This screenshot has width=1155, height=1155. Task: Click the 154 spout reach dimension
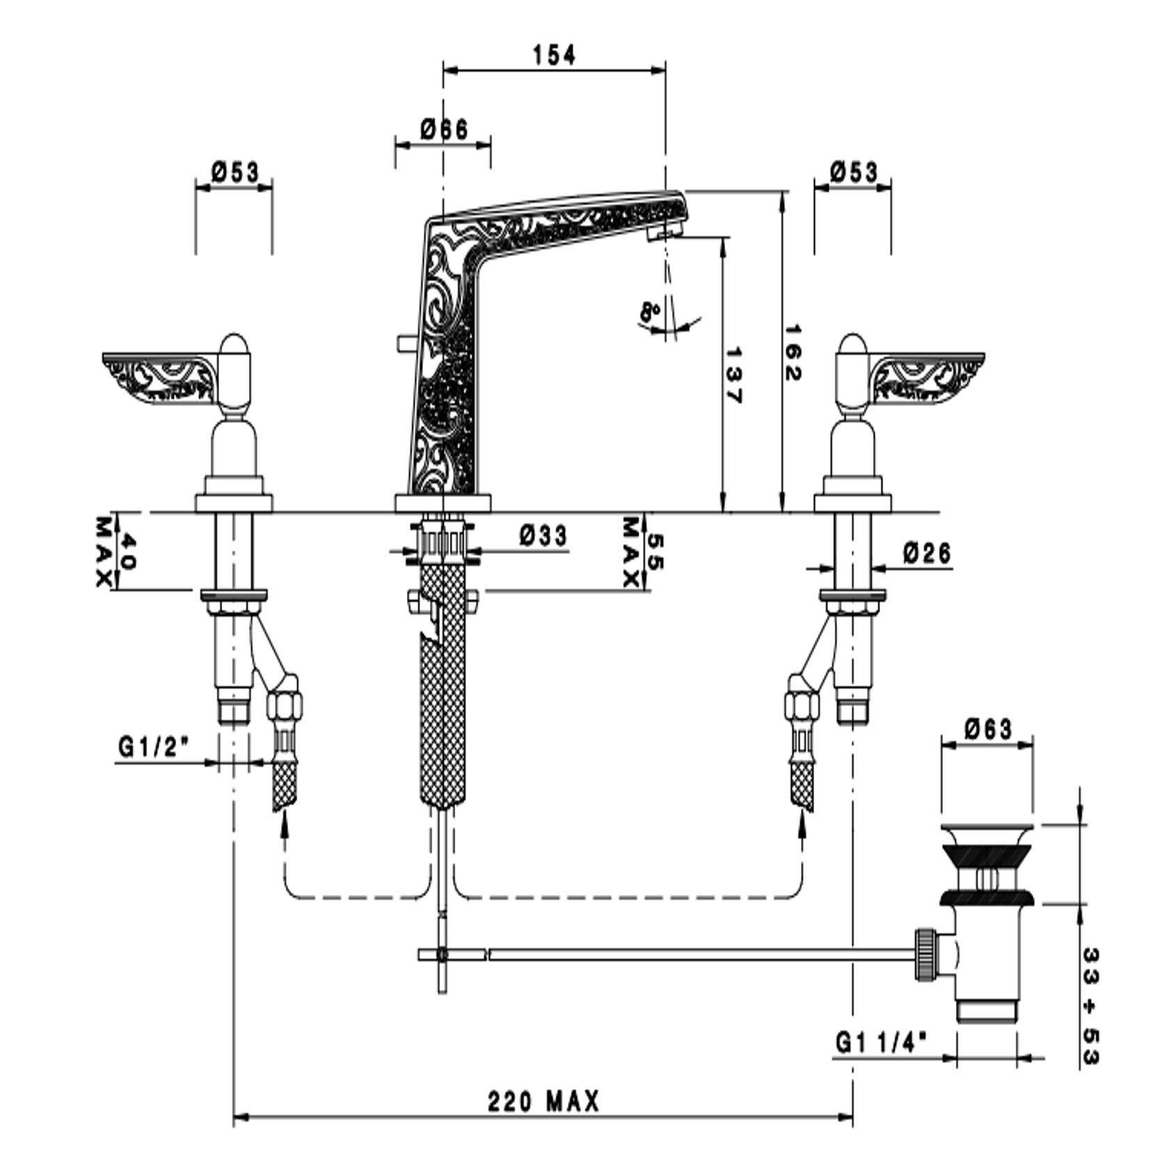[x=555, y=55]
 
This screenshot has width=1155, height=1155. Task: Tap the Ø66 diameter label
[x=444, y=129]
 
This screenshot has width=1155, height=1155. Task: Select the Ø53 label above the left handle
[x=235, y=171]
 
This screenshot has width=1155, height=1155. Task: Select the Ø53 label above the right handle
[x=854, y=171]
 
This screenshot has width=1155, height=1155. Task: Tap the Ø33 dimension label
[x=543, y=535]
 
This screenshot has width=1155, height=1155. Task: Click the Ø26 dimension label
[x=927, y=553]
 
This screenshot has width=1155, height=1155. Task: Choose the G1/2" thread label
[x=154, y=747]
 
